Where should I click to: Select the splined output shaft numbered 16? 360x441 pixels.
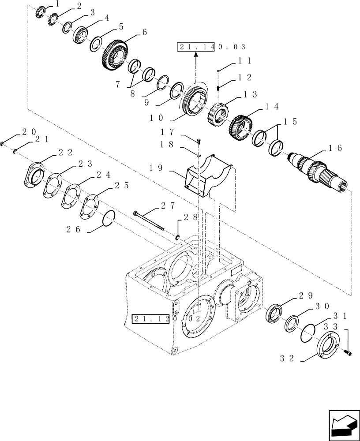(x=319, y=172)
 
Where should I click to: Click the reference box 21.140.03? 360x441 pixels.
(x=211, y=47)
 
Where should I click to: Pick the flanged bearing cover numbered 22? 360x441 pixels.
(x=34, y=176)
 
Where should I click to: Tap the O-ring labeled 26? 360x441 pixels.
(x=109, y=218)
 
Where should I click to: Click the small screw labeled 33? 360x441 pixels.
(x=346, y=352)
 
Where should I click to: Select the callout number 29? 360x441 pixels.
(x=306, y=295)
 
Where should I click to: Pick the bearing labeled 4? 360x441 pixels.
(x=81, y=35)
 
